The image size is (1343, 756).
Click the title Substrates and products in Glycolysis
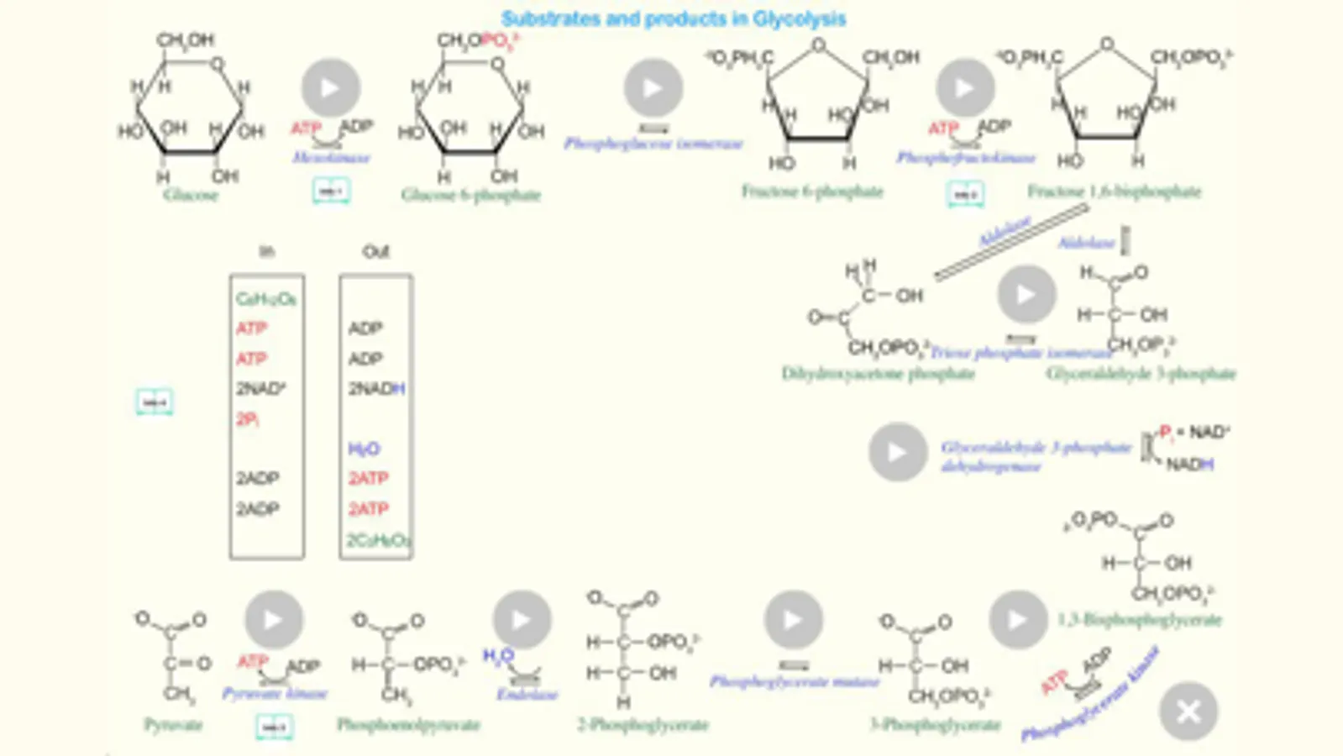[673, 18]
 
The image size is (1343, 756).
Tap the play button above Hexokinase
[331, 87]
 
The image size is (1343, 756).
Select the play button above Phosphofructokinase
[965, 87]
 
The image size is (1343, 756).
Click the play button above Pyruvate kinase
[274, 620]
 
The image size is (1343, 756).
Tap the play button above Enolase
[522, 620]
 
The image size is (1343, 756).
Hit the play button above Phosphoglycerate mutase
[793, 620]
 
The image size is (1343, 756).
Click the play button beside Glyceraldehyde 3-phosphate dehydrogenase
[897, 452]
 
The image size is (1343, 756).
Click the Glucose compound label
[191, 195]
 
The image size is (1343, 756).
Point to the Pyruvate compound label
[173, 725]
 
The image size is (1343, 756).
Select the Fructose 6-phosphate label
[812, 192]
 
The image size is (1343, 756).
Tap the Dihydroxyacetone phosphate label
[878, 373]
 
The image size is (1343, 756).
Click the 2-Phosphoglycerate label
[643, 725]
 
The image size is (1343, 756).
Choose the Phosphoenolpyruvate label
[408, 725]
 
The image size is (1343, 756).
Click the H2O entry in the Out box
[365, 449]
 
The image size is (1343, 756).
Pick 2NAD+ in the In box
[260, 389]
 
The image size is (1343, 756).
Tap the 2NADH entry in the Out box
[376, 389]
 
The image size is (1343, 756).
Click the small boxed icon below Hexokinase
[331, 192]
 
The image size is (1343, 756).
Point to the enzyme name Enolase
[527, 695]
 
